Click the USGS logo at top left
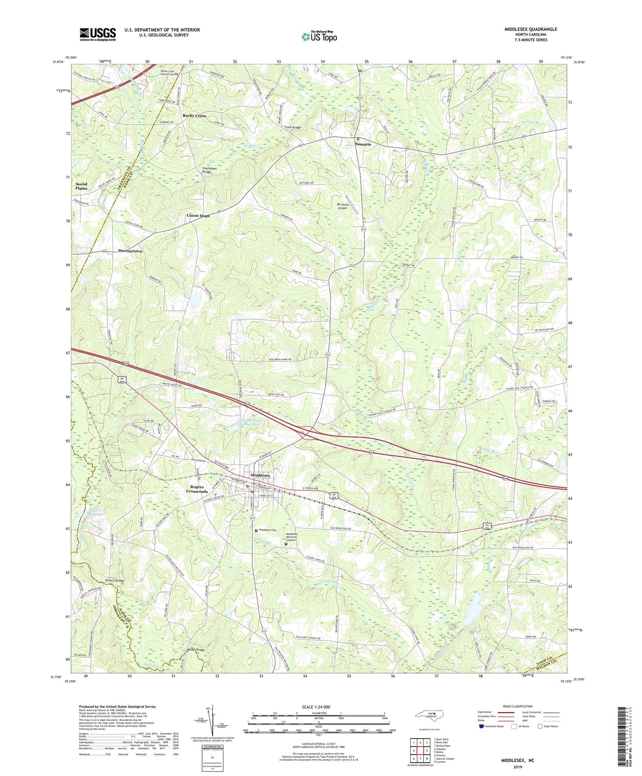(x=98, y=34)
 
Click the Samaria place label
(x=363, y=144)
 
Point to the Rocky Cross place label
(x=194, y=116)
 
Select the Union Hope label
(x=198, y=216)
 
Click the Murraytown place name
(x=130, y=251)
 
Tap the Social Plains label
(x=81, y=186)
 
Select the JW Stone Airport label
(x=343, y=206)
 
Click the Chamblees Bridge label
(x=206, y=170)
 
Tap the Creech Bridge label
(x=114, y=581)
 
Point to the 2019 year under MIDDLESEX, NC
(x=517, y=767)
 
